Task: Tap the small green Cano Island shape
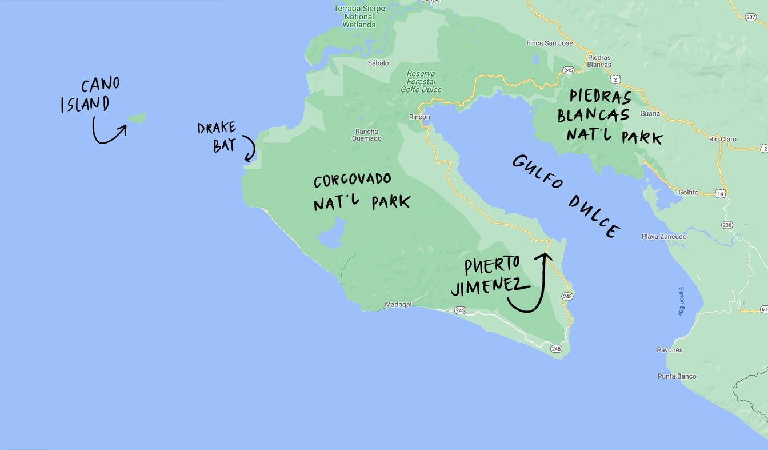point(137,118)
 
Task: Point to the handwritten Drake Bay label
point(217,137)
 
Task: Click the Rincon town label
point(419,117)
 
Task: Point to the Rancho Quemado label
point(366,135)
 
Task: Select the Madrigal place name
point(398,305)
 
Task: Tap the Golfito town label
point(689,193)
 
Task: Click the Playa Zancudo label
point(664,237)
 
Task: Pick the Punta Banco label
point(677,376)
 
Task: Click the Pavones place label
point(670,350)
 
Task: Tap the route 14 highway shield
point(721,194)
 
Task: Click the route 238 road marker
point(726,225)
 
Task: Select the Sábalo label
point(378,63)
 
